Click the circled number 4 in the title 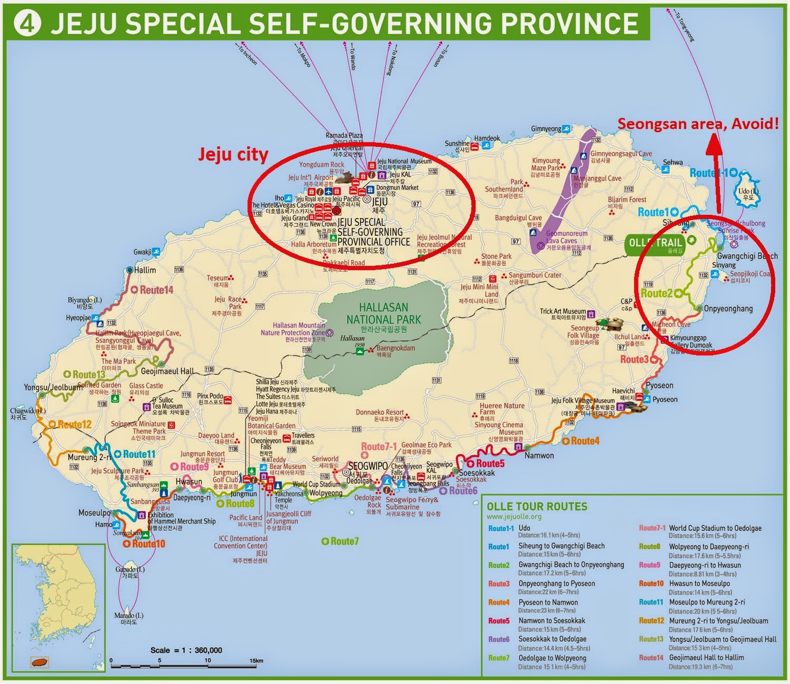27,24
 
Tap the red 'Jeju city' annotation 233,154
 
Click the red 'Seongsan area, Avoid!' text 697,124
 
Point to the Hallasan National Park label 384,313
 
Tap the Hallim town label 145,270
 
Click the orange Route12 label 74,424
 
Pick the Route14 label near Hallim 156,290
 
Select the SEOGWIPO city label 368,467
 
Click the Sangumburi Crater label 535,275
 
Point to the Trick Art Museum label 562,311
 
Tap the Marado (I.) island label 129,616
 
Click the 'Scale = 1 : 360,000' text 186,650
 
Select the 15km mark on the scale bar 256,660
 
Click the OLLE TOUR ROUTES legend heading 537,507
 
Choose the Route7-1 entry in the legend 652,528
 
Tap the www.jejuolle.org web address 513,517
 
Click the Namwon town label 539,455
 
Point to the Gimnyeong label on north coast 546,129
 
